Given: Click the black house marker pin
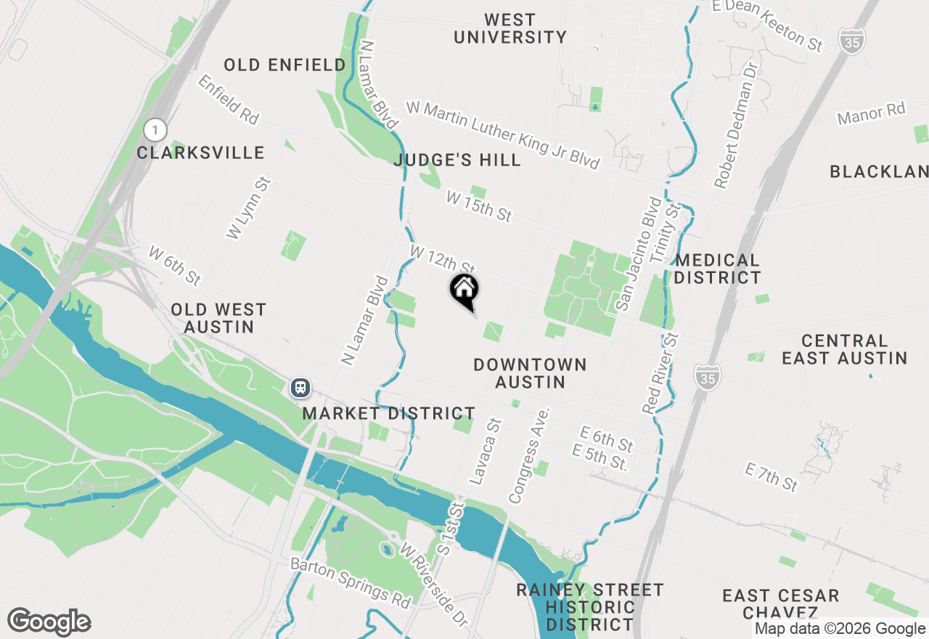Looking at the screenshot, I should [x=464, y=290].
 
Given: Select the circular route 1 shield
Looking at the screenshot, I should [x=155, y=131].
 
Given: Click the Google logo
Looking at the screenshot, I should [x=49, y=622].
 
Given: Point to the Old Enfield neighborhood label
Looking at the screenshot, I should [x=285, y=65].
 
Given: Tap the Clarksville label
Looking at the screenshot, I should [x=201, y=153].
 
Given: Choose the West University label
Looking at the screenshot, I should [x=509, y=28].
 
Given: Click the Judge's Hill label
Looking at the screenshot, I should [x=457, y=160].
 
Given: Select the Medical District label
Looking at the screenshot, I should [x=717, y=269].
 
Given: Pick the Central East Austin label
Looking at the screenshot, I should [x=844, y=349].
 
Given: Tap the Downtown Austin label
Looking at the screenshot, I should [x=530, y=373].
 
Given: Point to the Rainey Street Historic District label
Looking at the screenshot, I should [x=590, y=606].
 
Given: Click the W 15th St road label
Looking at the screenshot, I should [x=479, y=206].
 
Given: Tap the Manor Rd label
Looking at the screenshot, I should [x=872, y=114].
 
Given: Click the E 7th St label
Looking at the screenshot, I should [x=771, y=476].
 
